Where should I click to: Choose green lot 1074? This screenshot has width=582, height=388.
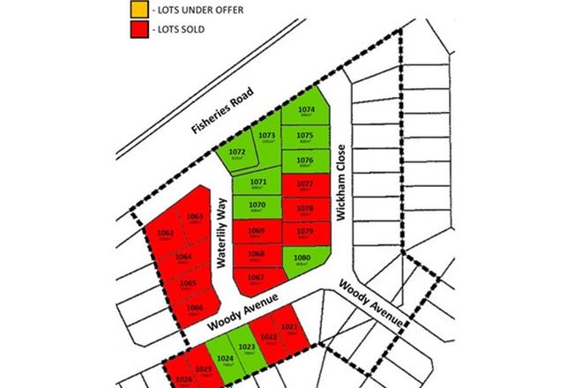(306, 115)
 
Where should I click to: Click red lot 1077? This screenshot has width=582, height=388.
(305, 185)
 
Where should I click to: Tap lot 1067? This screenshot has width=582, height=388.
(257, 280)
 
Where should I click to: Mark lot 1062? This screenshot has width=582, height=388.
(165, 235)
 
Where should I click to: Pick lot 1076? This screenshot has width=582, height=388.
(306, 160)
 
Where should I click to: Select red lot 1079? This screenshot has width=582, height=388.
(305, 233)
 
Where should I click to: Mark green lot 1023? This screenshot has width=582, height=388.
(247, 348)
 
